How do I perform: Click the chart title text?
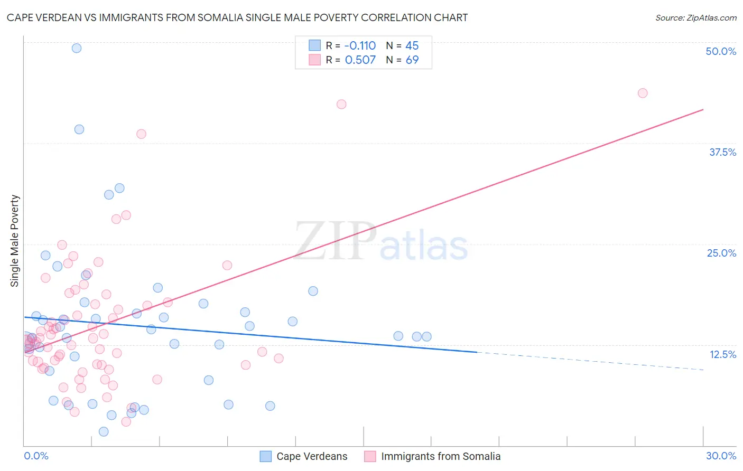click(x=237, y=17)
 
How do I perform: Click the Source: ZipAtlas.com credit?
click(x=695, y=17)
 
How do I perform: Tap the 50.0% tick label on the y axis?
click(x=720, y=51)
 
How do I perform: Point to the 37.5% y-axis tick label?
click(x=722, y=152)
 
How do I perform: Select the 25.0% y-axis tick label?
click(x=721, y=253)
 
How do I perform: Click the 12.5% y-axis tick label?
click(x=722, y=354)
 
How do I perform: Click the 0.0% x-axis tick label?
click(x=36, y=456)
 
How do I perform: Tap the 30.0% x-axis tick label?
click(x=721, y=456)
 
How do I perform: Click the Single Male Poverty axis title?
click(x=15, y=241)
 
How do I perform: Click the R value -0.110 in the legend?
click(x=360, y=45)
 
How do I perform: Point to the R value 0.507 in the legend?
click(x=360, y=60)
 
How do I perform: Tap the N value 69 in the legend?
click(x=412, y=60)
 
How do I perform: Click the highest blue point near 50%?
click(x=77, y=48)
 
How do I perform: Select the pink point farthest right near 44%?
click(x=643, y=93)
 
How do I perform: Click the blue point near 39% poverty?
click(x=79, y=129)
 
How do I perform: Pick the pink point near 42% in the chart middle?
click(x=341, y=104)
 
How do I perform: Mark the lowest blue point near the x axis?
click(x=104, y=431)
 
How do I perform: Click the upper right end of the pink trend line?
click(x=703, y=110)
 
